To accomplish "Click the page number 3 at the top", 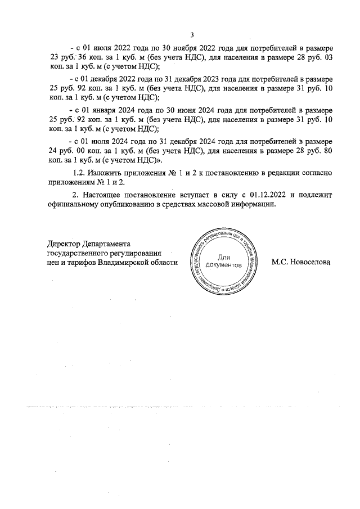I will point(192,35).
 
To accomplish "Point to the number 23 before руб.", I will point(55,57).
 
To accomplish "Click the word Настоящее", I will point(106,195).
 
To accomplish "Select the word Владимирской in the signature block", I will point(125,263).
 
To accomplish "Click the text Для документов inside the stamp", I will point(223,260).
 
